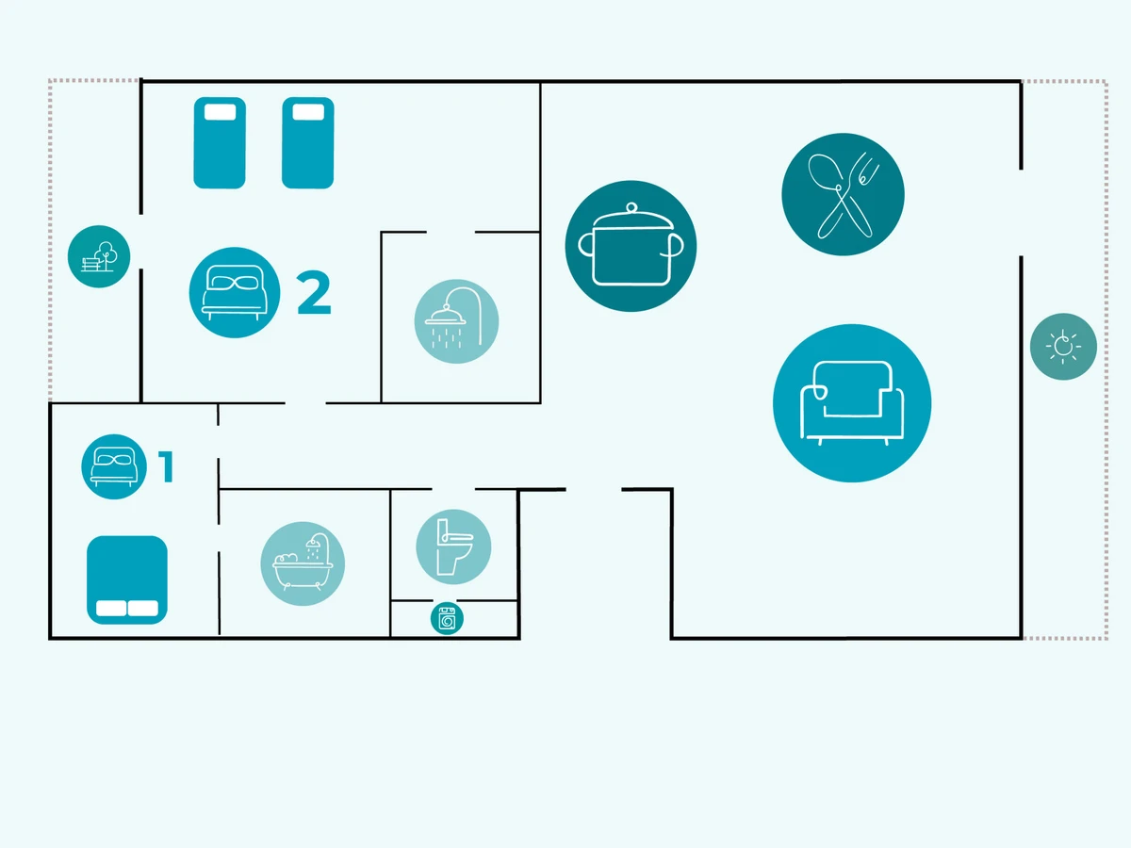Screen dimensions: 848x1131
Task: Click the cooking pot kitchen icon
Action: [x=631, y=245]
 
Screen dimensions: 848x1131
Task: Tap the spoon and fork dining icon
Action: [x=843, y=194]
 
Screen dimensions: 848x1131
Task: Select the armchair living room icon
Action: [x=851, y=402]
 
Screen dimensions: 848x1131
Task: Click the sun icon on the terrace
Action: [x=1063, y=347]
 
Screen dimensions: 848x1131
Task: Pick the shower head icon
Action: [x=456, y=321]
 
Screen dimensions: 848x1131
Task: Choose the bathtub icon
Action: [x=303, y=563]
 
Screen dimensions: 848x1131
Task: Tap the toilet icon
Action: [x=453, y=546]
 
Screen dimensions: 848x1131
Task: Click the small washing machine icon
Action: [x=447, y=619]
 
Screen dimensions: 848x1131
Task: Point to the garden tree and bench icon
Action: [x=99, y=256]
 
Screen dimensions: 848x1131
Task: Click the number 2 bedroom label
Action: [x=314, y=293]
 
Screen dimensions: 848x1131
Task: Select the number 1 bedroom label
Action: [x=167, y=466]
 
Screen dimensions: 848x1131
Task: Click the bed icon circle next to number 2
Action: [x=235, y=292]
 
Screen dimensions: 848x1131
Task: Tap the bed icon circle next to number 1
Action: [x=114, y=466]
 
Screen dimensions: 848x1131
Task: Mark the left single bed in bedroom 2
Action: [x=220, y=142]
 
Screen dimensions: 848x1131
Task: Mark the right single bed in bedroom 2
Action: [x=308, y=142]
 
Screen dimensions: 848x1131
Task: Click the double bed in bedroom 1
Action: [x=127, y=579]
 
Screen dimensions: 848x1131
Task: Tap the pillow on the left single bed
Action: [x=220, y=112]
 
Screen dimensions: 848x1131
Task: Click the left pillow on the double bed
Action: [x=111, y=609]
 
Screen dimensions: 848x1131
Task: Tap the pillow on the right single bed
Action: [x=308, y=112]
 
